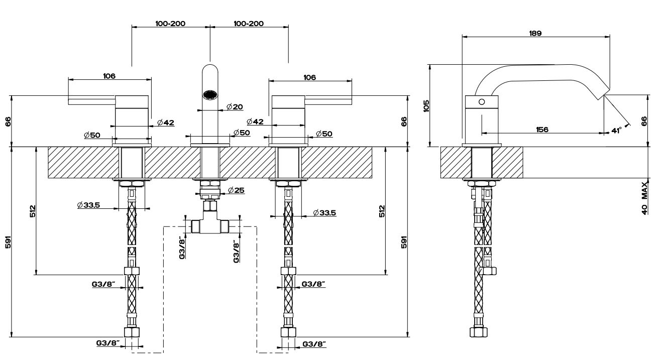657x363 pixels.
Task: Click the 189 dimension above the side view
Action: pos(535,33)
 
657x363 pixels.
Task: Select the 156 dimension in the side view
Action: pos(541,129)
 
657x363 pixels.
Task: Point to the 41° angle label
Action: pos(616,131)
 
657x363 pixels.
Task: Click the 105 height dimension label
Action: pos(426,105)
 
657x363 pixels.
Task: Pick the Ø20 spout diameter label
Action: pos(235,106)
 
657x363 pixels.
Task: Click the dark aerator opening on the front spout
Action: pos(209,94)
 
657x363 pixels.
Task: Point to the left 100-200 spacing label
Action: pos(170,24)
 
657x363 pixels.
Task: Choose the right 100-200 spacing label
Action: pos(249,24)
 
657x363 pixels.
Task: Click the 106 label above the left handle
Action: pos(110,76)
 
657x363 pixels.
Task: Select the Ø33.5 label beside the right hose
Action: pos(324,213)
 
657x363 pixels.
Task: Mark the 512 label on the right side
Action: pos(382,211)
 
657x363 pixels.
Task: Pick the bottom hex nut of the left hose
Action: pos(132,332)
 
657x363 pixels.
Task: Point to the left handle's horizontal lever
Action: pos(92,101)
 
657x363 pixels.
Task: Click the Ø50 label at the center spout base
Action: pos(242,133)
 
